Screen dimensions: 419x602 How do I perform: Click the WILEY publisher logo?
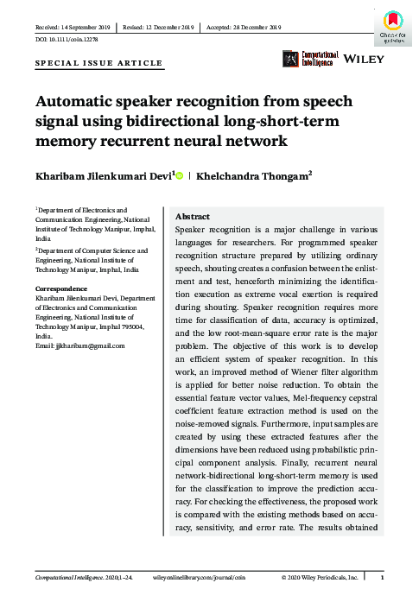[358, 60]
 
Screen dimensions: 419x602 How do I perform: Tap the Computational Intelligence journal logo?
[308, 59]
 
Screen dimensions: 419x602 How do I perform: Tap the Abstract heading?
[194, 217]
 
